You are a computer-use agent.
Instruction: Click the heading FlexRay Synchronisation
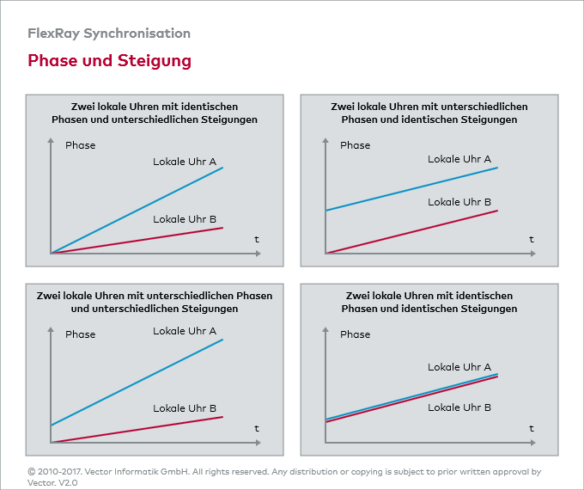(109, 34)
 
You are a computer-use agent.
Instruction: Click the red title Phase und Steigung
(109, 61)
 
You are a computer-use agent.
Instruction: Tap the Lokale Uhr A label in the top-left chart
(185, 162)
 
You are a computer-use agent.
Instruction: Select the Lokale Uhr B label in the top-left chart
(185, 219)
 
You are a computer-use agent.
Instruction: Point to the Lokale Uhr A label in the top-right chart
(459, 159)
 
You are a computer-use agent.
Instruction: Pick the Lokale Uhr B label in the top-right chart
(459, 202)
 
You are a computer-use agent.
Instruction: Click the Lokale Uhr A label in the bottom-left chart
(185, 331)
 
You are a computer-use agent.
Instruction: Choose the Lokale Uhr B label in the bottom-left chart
(185, 408)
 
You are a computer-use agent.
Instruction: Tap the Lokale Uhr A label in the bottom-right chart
(459, 367)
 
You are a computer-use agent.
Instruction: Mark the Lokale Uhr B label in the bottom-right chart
(459, 407)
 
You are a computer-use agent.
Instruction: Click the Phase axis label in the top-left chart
(81, 145)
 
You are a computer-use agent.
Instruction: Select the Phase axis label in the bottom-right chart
(356, 334)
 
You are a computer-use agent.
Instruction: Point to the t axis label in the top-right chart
(531, 239)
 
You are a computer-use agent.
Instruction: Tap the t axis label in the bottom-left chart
(256, 428)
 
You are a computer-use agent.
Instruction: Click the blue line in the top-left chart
(137, 210)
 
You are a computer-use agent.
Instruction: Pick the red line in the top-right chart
(412, 232)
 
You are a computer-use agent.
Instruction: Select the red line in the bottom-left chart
(137, 430)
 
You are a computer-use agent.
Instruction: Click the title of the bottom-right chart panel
(429, 302)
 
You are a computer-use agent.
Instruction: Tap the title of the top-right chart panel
(429, 113)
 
